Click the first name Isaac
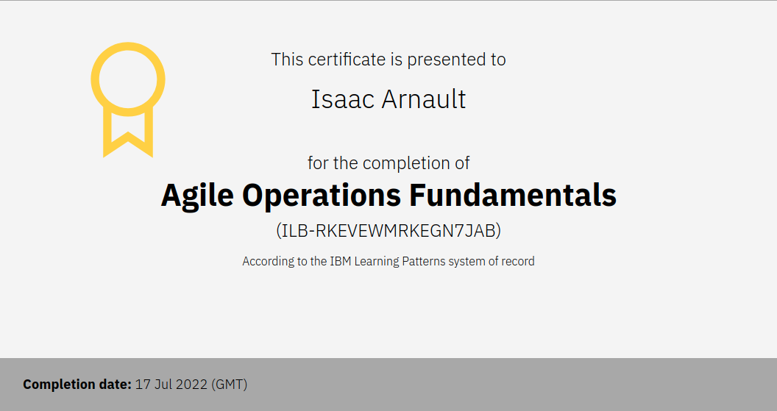(x=342, y=99)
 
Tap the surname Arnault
(x=424, y=99)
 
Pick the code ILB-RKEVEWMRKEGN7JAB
(x=388, y=230)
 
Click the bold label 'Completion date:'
(x=77, y=385)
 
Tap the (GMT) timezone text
(x=229, y=385)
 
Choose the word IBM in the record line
(x=341, y=261)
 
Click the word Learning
(x=377, y=262)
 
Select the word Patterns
(x=424, y=261)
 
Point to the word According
(x=268, y=262)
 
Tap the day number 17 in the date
(x=142, y=385)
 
